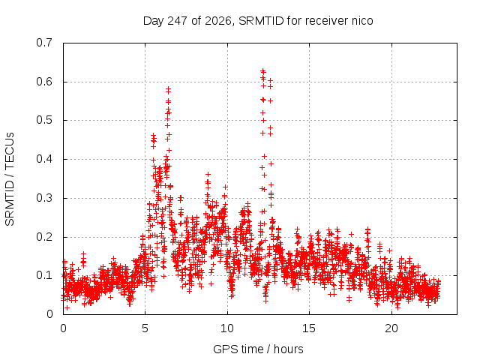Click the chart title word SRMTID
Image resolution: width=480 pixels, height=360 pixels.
point(261,21)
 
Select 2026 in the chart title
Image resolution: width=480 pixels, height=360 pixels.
point(217,21)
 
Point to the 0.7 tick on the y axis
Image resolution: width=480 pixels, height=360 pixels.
point(44,43)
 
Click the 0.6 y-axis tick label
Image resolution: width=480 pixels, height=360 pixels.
point(44,82)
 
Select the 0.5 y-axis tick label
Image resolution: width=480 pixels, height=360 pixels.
point(44,120)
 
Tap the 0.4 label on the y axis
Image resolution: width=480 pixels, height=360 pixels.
point(44,159)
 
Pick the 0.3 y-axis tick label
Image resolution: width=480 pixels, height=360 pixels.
point(44,198)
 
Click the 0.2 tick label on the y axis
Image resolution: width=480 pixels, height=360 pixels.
point(44,237)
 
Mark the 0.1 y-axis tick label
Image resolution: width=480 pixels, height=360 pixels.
point(44,275)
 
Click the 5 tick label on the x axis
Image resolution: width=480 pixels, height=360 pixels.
point(145,328)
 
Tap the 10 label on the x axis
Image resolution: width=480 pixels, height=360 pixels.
point(226,328)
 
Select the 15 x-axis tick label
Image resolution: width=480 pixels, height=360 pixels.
point(309,328)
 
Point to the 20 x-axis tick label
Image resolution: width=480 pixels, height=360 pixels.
point(391,328)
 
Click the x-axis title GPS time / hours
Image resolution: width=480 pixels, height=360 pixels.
point(258,349)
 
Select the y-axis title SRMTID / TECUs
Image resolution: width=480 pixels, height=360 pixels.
point(10,179)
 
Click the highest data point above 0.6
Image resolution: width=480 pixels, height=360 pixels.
point(262,71)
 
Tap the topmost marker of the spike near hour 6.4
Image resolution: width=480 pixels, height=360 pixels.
point(168,89)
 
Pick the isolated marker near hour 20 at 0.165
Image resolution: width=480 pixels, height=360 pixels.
point(389,250)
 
